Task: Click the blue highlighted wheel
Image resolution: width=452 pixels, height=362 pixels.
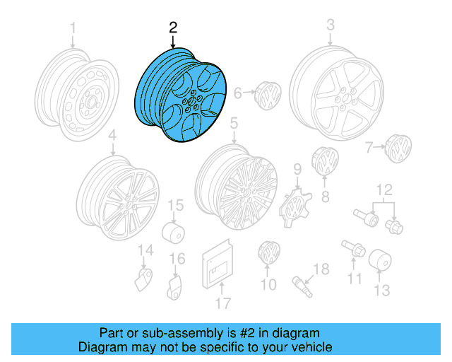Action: [181, 95]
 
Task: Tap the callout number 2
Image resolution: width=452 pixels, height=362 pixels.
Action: [173, 28]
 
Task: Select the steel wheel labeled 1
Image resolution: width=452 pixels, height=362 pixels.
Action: [77, 95]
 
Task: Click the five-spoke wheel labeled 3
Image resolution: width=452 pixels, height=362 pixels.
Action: [337, 93]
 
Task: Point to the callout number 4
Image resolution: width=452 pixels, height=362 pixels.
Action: [112, 135]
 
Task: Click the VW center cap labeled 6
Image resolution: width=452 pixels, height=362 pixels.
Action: [268, 95]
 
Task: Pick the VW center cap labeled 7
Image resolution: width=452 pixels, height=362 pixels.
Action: [398, 148]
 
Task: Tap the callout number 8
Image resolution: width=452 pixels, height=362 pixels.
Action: [326, 197]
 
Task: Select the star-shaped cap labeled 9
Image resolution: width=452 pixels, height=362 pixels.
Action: [295, 208]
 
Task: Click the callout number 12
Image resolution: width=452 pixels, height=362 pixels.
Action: [384, 190]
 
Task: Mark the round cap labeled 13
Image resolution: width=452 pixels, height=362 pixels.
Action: [380, 259]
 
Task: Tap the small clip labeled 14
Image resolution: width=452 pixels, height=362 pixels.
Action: [144, 279]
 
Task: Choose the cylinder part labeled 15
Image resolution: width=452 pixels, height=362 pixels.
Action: [173, 233]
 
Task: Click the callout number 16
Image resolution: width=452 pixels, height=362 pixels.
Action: [177, 259]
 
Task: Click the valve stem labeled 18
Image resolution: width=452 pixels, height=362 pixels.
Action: [302, 286]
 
